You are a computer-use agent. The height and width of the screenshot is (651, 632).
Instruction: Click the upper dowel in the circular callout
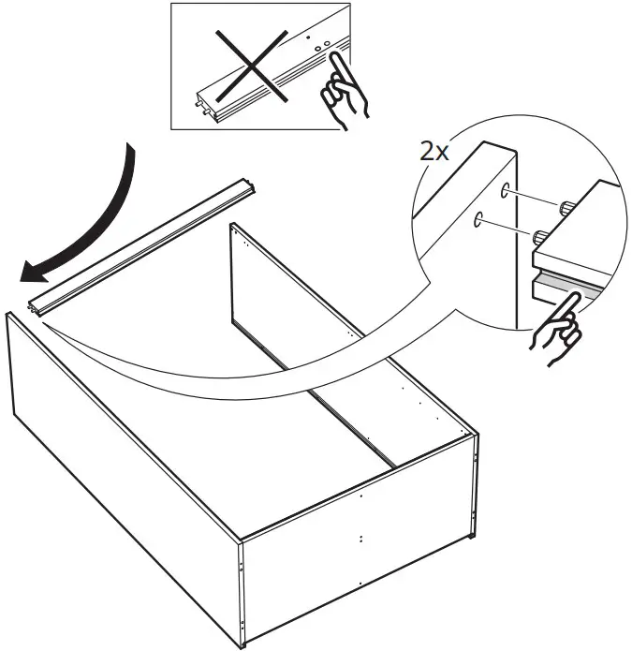click(568, 208)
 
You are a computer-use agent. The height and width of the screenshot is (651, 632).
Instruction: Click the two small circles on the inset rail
click(322, 47)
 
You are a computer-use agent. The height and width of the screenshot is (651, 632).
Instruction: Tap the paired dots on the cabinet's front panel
click(360, 540)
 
